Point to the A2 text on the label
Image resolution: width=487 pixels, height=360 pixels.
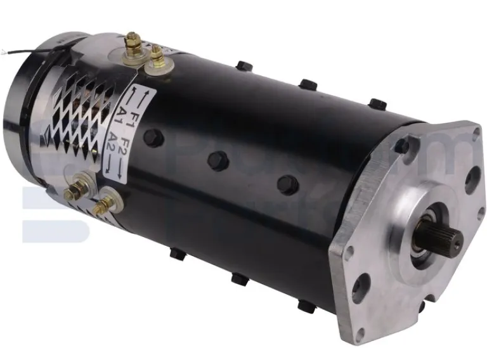click(x=112, y=138)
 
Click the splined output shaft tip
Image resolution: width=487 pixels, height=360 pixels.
click(x=450, y=240)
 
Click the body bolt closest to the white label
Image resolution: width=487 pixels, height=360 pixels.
click(x=152, y=138)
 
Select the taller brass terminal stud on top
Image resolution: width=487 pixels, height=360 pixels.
click(x=133, y=43)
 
